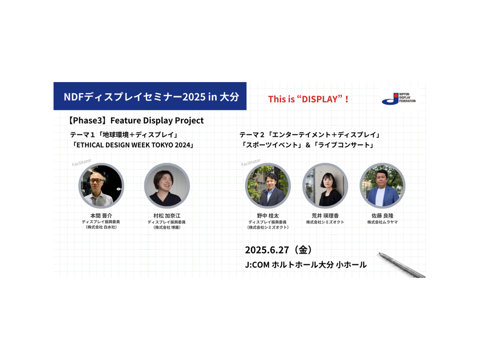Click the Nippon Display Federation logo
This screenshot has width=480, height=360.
coord(398,98)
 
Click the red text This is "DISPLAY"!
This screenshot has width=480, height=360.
coord(308,99)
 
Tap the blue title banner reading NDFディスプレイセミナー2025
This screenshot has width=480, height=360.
coord(150,96)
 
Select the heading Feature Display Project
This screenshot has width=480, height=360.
coord(157,120)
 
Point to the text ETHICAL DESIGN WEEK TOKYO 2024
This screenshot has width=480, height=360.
coord(133,145)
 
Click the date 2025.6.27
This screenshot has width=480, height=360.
coord(267,250)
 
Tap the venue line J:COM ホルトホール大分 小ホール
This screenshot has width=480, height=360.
coord(306,265)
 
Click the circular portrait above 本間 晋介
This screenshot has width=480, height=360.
coord(101,186)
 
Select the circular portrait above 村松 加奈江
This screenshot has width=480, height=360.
coord(167,186)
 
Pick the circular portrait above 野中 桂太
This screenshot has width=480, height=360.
coord(268,186)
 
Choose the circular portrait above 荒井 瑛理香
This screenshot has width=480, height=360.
coord(325,186)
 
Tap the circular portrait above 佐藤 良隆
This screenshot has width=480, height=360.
coord(382,186)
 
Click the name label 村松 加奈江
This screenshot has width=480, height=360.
coord(167,216)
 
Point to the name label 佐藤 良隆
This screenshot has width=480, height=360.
coord(382,216)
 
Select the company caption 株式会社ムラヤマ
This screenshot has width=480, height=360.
coord(382,222)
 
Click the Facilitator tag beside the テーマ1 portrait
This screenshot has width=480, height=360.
coord(82,163)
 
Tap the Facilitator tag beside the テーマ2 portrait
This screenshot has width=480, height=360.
coord(251,163)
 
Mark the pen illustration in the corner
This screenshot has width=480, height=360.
coord(402,265)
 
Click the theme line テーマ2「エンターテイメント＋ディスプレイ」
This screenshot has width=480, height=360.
coord(310,135)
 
